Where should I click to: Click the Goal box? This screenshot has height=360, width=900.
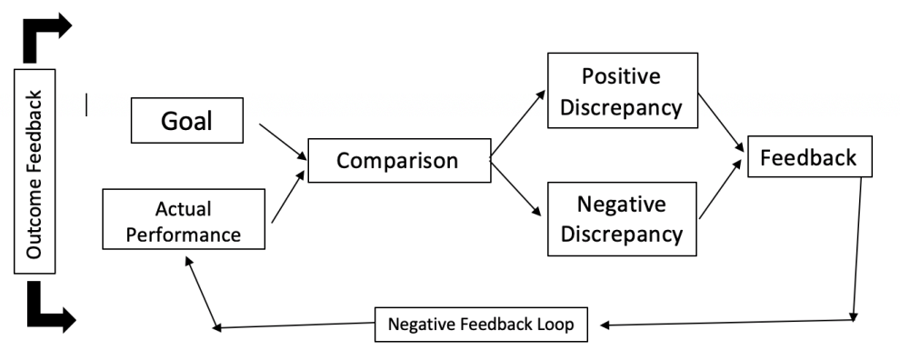[186, 121]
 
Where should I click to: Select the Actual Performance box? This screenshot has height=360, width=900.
[184, 219]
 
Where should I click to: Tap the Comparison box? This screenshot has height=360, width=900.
[398, 161]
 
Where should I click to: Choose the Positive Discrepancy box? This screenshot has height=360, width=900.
[622, 91]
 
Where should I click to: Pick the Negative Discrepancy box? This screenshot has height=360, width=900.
[622, 218]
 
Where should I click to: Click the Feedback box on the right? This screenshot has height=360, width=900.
[808, 157]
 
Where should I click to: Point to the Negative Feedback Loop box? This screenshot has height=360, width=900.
[481, 325]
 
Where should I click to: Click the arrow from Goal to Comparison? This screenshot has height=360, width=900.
[282, 141]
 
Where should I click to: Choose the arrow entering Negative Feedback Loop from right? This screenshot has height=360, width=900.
[727, 323]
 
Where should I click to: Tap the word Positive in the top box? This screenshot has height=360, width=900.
[621, 75]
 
